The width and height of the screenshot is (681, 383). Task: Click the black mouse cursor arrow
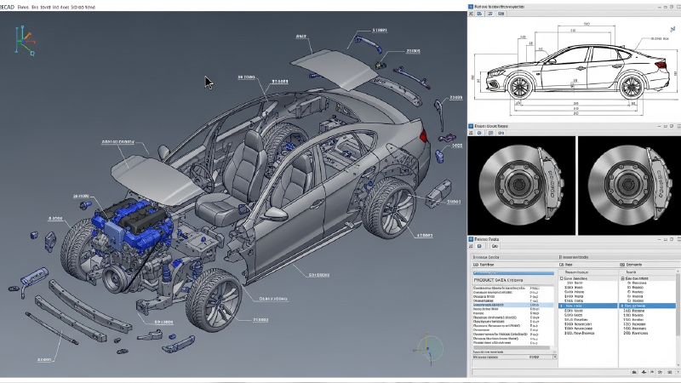click(x=209, y=83)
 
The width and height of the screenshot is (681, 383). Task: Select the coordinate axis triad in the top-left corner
click(x=26, y=37)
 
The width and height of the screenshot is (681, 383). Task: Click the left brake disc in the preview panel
click(x=520, y=181)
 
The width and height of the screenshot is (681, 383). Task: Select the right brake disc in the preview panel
click(x=628, y=181)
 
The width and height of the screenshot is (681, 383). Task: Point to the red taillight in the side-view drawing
click(x=661, y=64)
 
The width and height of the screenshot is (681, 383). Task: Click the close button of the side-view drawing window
click(x=675, y=6)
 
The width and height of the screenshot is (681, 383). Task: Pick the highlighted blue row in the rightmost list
click(x=647, y=306)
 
